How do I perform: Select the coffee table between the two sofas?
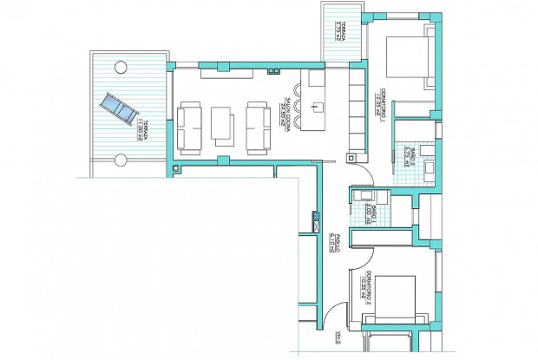coord(221,123)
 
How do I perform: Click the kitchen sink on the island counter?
coord(318,109)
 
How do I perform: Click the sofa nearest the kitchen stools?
coord(256,127)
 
